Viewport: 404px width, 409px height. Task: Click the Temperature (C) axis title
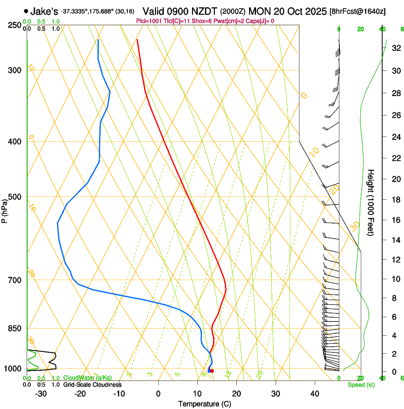(204, 404)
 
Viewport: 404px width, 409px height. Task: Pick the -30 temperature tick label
(41, 393)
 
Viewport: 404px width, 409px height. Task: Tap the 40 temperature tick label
(314, 393)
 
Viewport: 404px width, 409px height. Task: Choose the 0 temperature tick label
(158, 393)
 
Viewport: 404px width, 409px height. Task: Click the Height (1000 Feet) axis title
(371, 202)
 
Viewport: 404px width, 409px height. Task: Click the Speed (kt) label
(361, 385)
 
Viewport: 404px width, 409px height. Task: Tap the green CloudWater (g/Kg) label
(87, 378)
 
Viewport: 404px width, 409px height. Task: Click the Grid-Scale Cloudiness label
(92, 385)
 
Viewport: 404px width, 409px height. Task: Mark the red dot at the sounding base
(212, 371)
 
